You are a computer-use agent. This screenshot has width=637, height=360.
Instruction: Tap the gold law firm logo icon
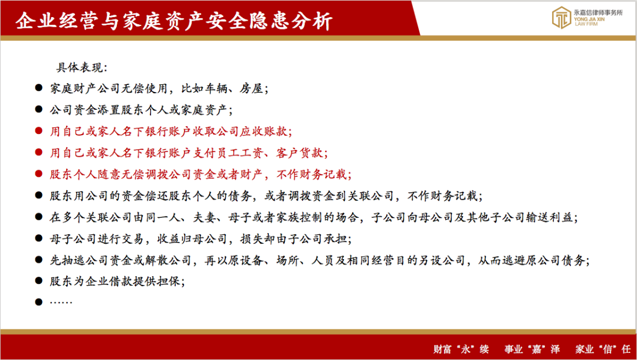pyautogui.click(x=562, y=18)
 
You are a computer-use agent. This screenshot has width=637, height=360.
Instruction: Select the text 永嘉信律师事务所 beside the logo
pyautogui.click(x=599, y=12)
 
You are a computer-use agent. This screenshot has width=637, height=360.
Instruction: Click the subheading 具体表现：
pyautogui.click(x=81, y=67)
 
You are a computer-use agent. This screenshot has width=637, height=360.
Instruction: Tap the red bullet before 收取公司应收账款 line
pyautogui.click(x=38, y=131)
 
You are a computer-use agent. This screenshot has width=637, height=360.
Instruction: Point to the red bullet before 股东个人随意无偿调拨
pyautogui.click(x=38, y=174)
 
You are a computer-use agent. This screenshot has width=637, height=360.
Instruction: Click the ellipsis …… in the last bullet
pyautogui.click(x=61, y=302)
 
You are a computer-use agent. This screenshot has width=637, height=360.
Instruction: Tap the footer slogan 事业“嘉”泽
pyautogui.click(x=532, y=349)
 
